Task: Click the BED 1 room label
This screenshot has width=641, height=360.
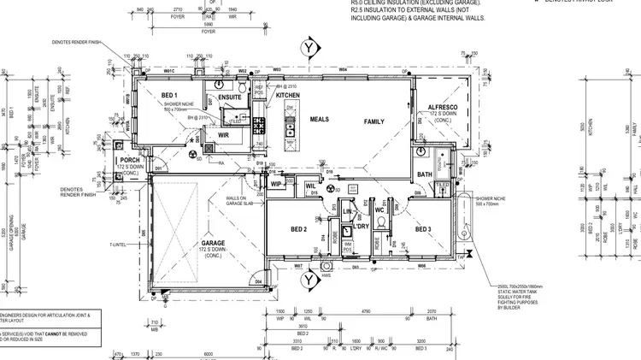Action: coord(168,95)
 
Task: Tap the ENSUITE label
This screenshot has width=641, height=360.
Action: coord(230,97)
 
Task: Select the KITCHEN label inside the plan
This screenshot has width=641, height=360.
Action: coord(288,95)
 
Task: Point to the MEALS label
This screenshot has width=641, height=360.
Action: coord(320,120)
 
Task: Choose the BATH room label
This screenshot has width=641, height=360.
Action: coord(425,174)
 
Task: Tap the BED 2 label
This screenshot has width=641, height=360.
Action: coord(298,229)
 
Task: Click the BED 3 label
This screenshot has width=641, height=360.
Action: coord(424,229)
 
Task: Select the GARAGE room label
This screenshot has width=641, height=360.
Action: coord(190,242)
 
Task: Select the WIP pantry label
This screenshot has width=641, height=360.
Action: coord(275,184)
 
